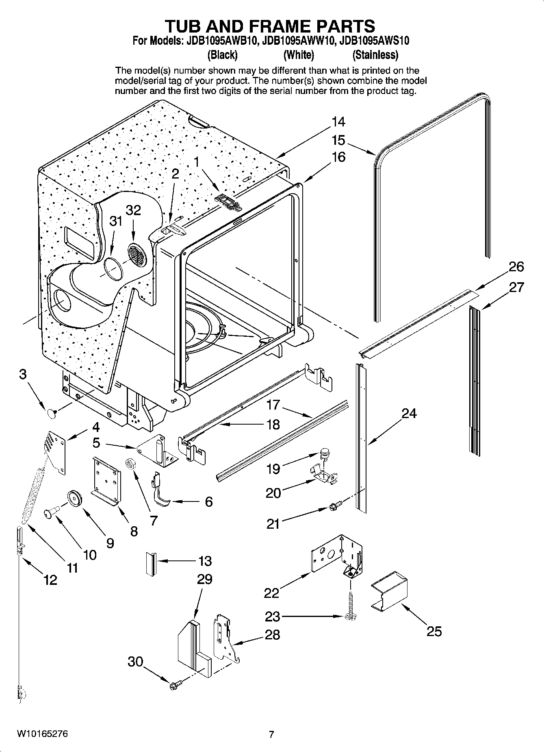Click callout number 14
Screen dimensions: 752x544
338,122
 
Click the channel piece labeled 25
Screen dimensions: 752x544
389,591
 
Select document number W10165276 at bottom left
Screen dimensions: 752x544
42,734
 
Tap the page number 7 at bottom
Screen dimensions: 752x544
271,734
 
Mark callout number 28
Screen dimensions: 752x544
272,634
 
